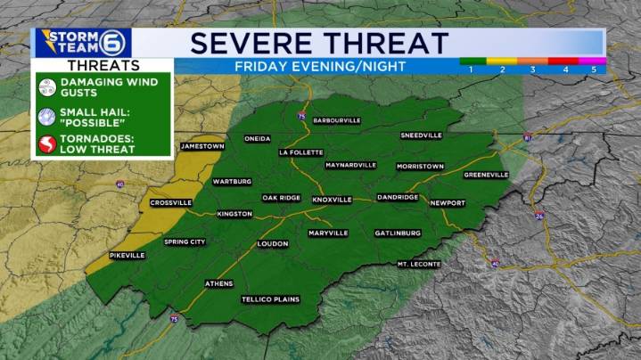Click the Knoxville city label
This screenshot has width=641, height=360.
(x=332, y=200)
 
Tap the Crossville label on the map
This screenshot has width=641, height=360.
(x=171, y=202)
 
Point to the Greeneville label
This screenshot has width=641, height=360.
(x=486, y=175)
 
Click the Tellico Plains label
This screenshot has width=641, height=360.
(x=270, y=299)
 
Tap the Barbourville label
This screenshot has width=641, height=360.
(x=335, y=119)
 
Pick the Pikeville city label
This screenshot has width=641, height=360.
(x=127, y=255)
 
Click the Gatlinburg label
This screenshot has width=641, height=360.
(x=398, y=233)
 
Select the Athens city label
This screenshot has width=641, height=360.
(x=218, y=283)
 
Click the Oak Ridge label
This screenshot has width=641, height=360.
(x=281, y=198)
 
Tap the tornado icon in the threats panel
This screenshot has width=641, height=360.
(x=46, y=144)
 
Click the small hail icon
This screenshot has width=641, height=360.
(x=46, y=115)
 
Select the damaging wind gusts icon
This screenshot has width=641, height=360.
(x=46, y=86)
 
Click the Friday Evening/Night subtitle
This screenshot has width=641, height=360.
(x=319, y=67)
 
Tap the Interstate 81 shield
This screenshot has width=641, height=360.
(x=528, y=138)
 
